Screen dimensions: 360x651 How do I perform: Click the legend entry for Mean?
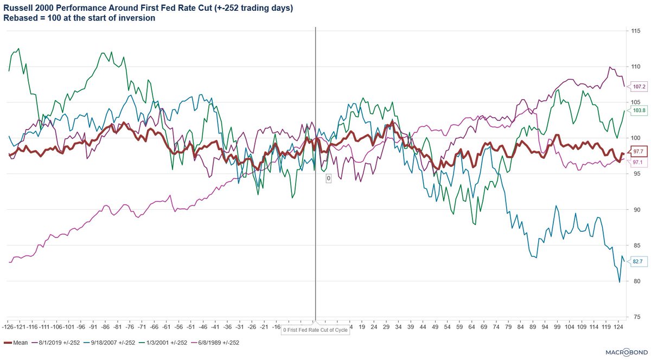coord(17,343)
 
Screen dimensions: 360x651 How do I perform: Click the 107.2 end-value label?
coord(639,86)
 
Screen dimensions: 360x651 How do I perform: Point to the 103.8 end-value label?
coord(639,111)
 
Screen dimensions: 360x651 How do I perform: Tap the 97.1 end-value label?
coord(639,162)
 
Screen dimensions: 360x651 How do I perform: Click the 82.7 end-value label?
coord(639,261)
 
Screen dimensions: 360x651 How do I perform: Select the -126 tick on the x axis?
coord(9,327)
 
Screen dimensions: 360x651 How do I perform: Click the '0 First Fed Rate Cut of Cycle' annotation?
coord(315,330)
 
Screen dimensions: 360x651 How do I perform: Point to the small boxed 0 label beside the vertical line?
coord(328,178)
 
